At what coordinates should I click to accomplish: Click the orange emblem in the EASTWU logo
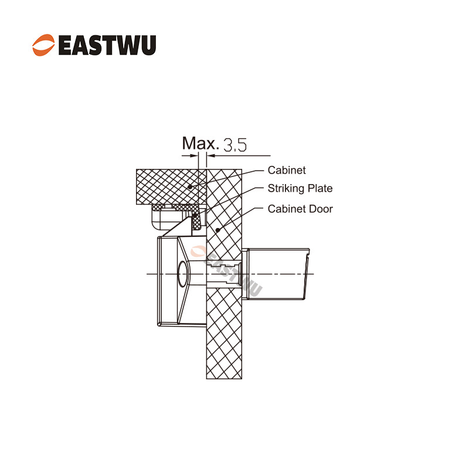43,45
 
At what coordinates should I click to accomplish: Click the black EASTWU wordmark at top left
107,45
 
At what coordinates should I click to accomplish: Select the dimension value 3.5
236,145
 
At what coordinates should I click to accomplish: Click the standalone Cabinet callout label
287,170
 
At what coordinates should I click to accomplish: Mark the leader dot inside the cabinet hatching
190,187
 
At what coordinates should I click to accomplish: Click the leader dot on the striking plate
195,215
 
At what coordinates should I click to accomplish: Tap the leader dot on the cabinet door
217,230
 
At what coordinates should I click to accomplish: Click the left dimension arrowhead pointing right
194,155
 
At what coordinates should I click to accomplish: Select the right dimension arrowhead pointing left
211,155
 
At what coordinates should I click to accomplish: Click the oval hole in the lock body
182,274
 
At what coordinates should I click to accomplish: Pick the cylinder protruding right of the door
276,274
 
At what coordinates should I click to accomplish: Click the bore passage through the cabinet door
224,274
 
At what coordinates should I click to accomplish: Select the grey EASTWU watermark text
233,274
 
